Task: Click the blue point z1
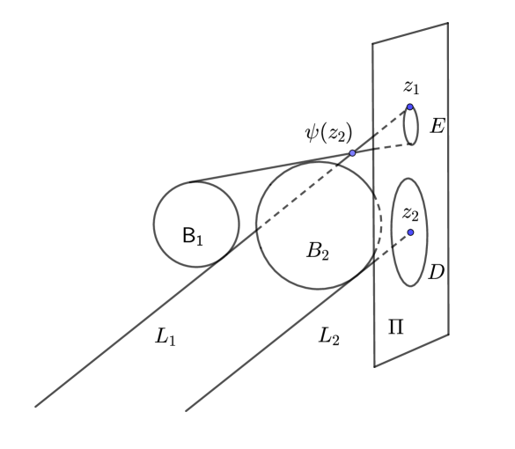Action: click(x=410, y=107)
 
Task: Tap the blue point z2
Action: click(x=410, y=232)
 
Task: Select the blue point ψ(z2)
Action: click(x=352, y=153)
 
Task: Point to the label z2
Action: click(x=410, y=213)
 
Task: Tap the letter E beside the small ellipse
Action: click(x=437, y=127)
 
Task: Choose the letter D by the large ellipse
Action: click(x=435, y=274)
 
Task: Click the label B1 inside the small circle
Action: click(x=192, y=236)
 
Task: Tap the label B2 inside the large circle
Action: click(x=317, y=250)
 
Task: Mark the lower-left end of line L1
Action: click(x=35, y=406)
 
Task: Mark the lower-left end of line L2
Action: click(x=186, y=410)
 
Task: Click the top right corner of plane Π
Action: click(x=448, y=23)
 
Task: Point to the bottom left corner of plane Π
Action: click(x=374, y=366)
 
